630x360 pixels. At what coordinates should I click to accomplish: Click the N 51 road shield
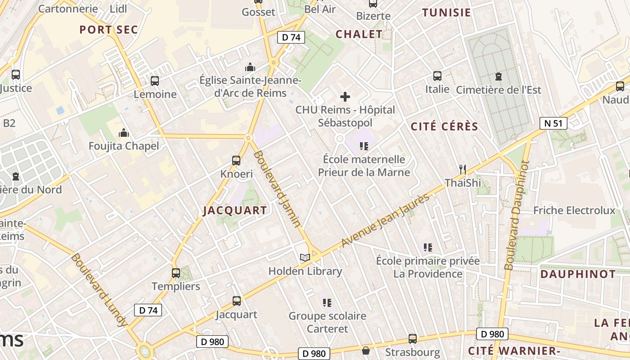tap(553, 123)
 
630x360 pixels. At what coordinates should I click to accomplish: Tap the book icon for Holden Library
tap(305, 257)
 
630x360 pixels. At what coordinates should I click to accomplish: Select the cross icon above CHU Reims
tap(345, 97)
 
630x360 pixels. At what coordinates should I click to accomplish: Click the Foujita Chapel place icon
tap(123, 133)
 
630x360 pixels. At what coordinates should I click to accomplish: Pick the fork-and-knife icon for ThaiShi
tap(462, 169)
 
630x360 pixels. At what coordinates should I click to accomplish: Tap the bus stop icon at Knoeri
tap(236, 160)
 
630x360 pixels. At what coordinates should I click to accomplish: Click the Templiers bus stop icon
tap(176, 273)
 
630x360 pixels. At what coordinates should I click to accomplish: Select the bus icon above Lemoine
tap(155, 81)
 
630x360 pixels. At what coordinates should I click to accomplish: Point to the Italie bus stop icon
tap(437, 76)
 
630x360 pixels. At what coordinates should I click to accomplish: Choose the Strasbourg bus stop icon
tap(412, 338)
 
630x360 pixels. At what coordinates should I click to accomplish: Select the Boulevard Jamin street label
tap(277, 189)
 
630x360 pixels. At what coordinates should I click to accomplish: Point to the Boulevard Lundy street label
tap(99, 290)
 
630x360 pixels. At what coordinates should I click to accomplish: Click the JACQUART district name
tap(235, 210)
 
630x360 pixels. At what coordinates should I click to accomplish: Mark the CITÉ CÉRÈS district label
tap(444, 127)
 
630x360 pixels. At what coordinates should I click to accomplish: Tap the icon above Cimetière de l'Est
tap(498, 76)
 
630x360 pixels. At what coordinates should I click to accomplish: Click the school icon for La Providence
tap(427, 247)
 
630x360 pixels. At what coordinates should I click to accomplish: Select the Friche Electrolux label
tap(574, 210)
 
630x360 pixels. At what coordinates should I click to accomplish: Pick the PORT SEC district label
tap(108, 30)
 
